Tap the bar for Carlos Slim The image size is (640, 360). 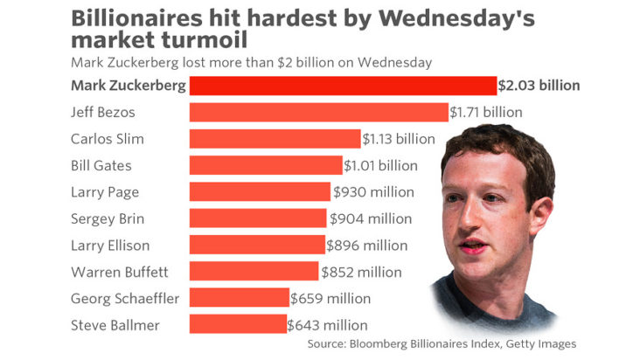[275, 138]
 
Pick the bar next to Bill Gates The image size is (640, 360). [266, 165]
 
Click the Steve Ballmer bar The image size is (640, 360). [238, 325]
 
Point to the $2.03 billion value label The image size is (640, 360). [539, 86]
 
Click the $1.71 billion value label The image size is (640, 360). [485, 112]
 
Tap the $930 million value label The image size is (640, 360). [373, 191]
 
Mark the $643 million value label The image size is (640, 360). [327, 325]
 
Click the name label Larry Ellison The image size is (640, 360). [109, 246]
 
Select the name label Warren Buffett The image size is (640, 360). [114, 272]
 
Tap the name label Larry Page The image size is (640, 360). [104, 191]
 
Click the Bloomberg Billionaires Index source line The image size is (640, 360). [442, 344]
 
